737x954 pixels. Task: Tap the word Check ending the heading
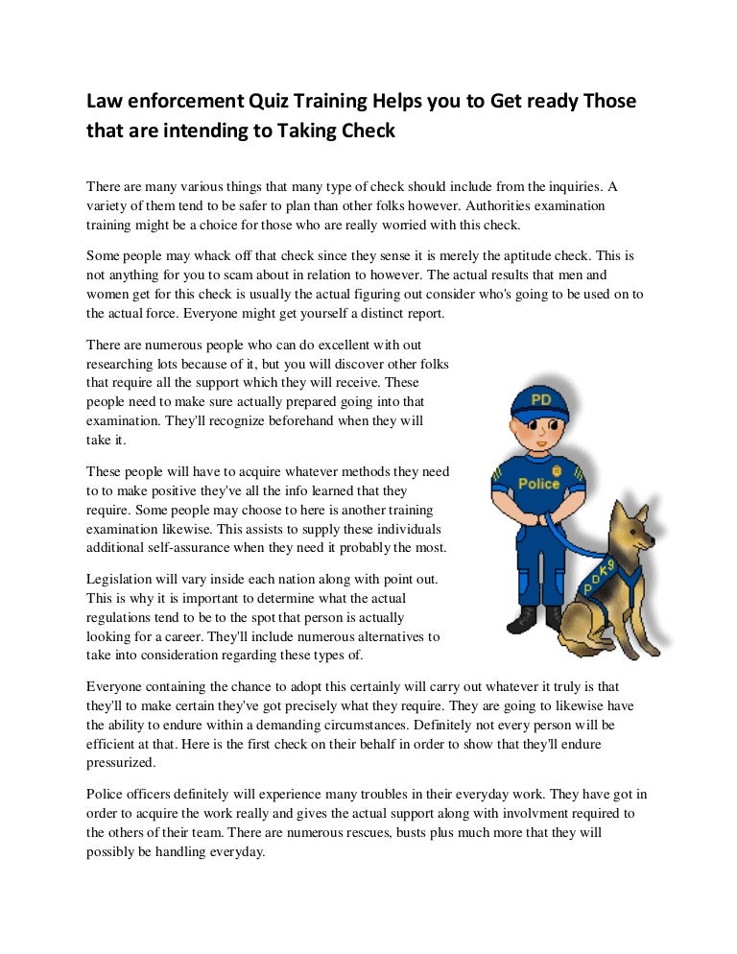pos(366,131)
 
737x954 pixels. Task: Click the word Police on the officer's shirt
pos(538,484)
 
